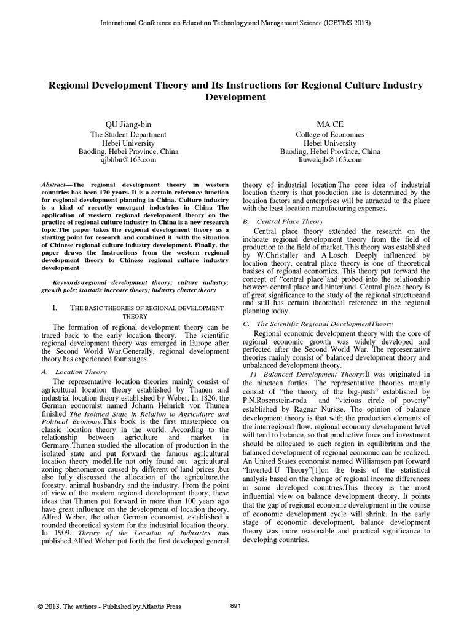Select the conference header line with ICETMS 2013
point(235,23)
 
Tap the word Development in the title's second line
point(235,97)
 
